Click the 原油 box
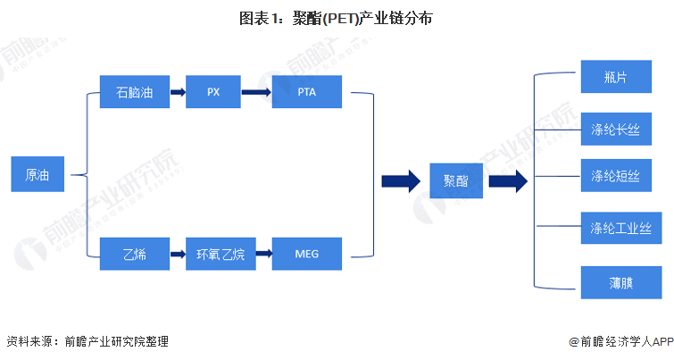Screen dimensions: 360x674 37,175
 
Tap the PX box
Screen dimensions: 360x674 213,92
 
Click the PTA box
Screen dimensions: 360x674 306,92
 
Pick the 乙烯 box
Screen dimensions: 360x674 134,254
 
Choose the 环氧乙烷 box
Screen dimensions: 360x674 220,254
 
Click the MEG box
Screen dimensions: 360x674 306,254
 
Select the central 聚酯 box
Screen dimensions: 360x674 455,180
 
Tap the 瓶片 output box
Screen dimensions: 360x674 615,77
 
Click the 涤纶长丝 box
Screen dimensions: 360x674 615,129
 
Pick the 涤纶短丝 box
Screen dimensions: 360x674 615,176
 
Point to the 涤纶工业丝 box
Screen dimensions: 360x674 615,228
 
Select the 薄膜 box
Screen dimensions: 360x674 615,282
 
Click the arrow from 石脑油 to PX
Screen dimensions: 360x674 178,92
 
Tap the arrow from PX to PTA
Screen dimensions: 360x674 256,92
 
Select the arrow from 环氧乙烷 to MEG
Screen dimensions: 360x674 261,254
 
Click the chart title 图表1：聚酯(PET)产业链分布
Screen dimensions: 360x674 337,18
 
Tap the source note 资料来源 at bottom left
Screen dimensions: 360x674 87,341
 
